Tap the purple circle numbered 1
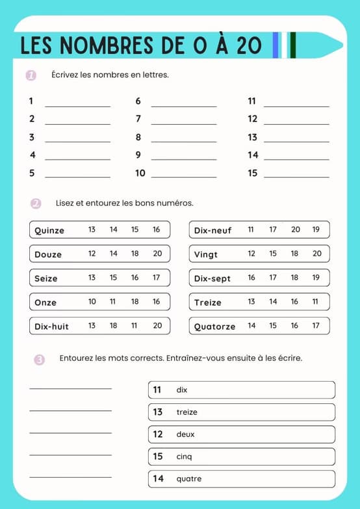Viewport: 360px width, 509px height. (x=31, y=75)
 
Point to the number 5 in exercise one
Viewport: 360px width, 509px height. (x=32, y=173)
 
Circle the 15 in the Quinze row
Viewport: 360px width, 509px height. (x=135, y=230)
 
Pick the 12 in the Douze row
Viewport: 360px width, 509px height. (x=92, y=254)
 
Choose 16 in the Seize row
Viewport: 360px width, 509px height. (x=135, y=278)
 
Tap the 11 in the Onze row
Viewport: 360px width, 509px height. (x=113, y=302)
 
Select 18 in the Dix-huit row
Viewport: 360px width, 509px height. (x=113, y=326)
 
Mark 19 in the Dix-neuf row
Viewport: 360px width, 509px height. (x=316, y=230)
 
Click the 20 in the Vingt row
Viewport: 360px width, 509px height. (x=316, y=254)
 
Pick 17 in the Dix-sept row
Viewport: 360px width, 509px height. (x=273, y=278)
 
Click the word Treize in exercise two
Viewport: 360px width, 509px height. (x=207, y=303)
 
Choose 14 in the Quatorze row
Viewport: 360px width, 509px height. (x=251, y=326)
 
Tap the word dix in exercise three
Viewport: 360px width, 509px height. (x=182, y=390)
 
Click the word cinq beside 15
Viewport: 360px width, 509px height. (x=184, y=457)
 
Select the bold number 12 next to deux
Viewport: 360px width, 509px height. (x=158, y=434)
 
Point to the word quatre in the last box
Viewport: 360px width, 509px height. (x=189, y=479)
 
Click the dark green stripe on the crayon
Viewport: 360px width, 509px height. (x=293, y=45)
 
